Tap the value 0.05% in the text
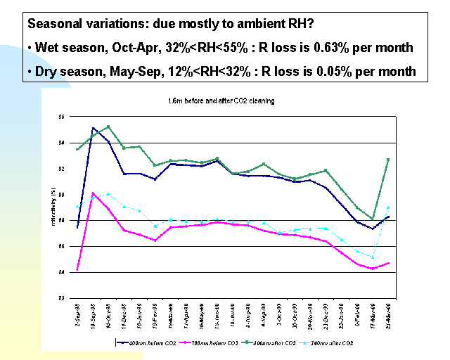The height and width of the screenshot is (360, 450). [337, 71]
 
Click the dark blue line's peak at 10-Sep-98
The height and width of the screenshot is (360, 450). [93, 128]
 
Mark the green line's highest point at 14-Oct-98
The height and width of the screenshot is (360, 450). [108, 127]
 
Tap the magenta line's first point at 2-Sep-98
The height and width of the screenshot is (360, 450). [77, 269]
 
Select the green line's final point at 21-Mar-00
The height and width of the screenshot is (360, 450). [388, 160]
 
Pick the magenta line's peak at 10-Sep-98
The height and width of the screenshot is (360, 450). [93, 193]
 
